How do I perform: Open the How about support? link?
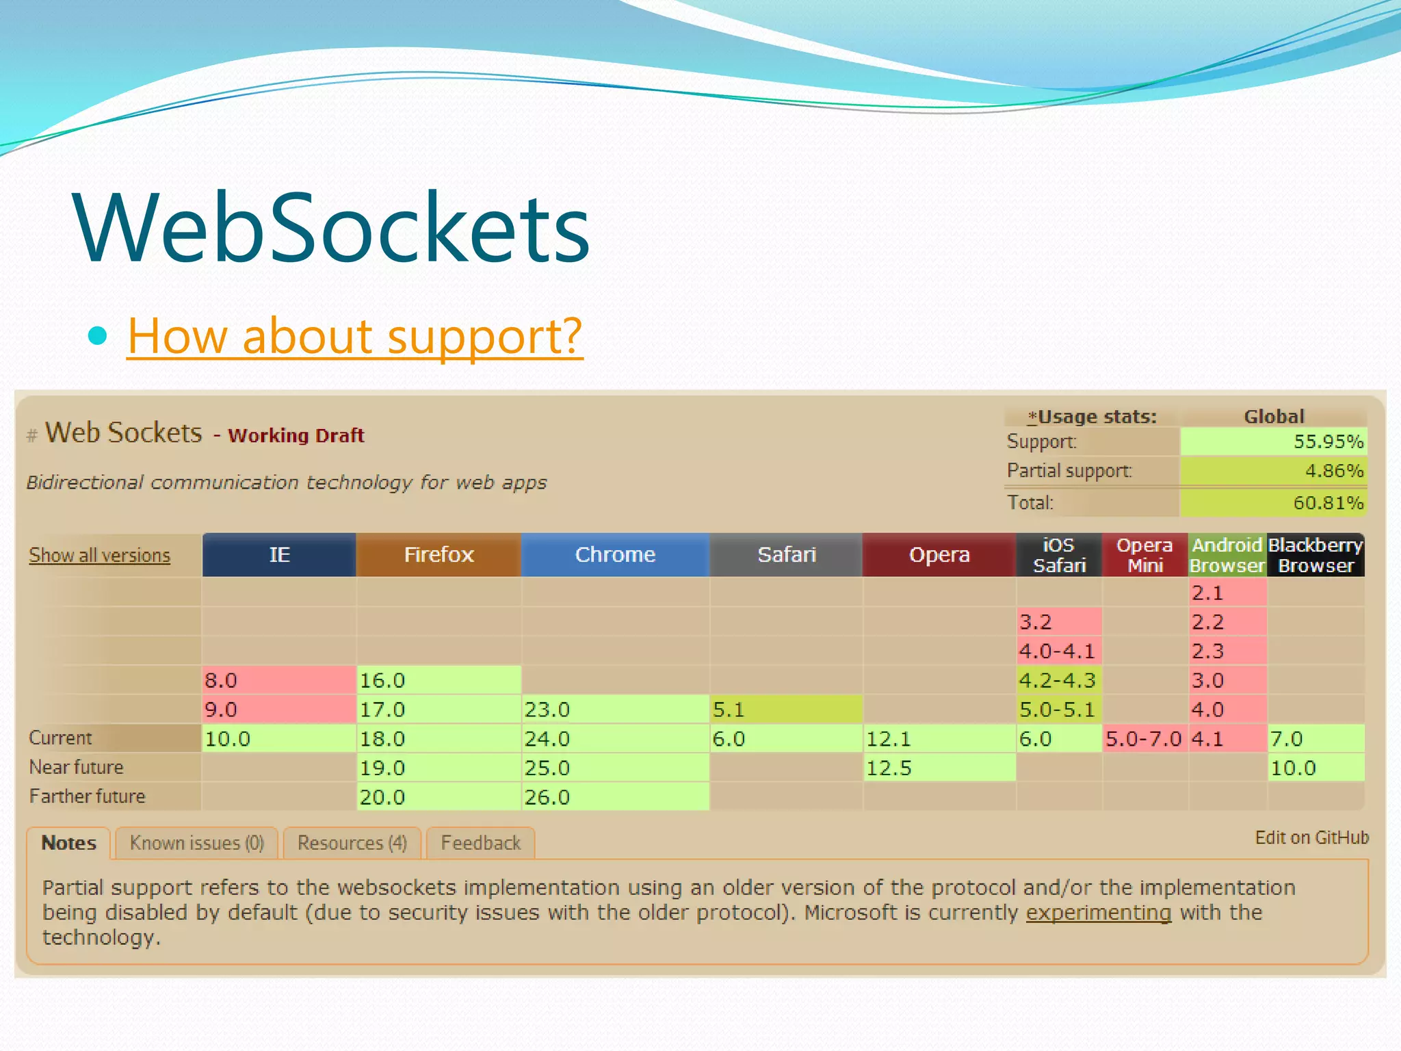[x=354, y=336]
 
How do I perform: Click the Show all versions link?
[x=99, y=555]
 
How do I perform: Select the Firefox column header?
[x=438, y=554]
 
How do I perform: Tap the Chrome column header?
[x=615, y=554]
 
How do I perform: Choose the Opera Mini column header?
[x=1144, y=555]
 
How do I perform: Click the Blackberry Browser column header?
[x=1315, y=555]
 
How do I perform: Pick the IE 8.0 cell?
[x=278, y=680]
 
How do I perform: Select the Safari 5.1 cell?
[x=785, y=710]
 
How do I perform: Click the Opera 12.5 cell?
[x=939, y=768]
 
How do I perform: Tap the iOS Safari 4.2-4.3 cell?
[x=1058, y=680]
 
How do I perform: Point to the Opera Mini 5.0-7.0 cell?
[x=1144, y=739]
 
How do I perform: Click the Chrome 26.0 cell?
[x=614, y=797]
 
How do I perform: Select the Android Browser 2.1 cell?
[x=1227, y=593]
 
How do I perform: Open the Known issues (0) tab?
[x=196, y=843]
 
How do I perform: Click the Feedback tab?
[x=480, y=843]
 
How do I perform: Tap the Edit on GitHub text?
[x=1311, y=838]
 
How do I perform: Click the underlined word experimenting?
[x=1098, y=913]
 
